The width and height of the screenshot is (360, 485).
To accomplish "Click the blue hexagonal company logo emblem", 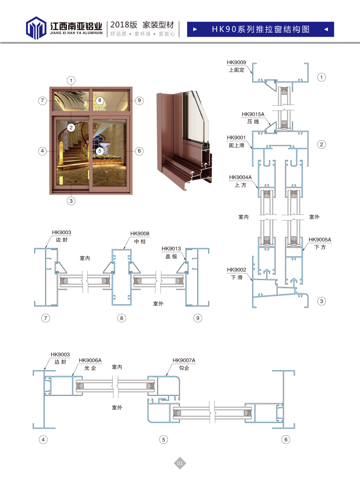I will coord(36,28).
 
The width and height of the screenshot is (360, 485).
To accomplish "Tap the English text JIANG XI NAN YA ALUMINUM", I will coord(76,33).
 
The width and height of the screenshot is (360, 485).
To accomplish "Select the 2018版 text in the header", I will coord(124,25).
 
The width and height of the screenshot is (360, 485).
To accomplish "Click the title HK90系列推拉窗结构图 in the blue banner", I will coord(261,29).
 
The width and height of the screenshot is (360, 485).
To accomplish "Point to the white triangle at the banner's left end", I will coord(195,29).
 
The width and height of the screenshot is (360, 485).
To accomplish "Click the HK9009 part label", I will coord(236,62).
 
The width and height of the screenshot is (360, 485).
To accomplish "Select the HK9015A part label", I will coord(253,114).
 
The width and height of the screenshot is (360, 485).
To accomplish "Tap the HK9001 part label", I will coord(236,137).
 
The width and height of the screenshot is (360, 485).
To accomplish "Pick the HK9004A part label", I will coord(240,177).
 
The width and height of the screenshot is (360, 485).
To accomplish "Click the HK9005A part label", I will coord(320,240).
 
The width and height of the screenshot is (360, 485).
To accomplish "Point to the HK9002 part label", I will coord(236,270).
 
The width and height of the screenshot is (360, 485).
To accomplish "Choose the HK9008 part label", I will coord(140,234).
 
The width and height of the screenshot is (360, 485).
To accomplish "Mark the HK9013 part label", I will coord(171,249).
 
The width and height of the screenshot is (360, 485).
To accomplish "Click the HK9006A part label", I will coord(90,360).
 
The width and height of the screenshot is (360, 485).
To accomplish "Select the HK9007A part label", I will coord(184,360).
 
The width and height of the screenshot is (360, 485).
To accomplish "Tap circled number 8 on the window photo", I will coord(100,100).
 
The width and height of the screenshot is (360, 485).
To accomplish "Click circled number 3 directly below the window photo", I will coord(71,201).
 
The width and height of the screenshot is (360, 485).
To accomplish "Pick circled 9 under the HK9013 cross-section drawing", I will coord(198,318).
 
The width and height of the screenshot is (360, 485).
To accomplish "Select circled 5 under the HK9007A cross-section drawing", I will coord(163,439).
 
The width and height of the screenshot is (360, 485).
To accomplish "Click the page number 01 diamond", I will coord(180,463).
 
